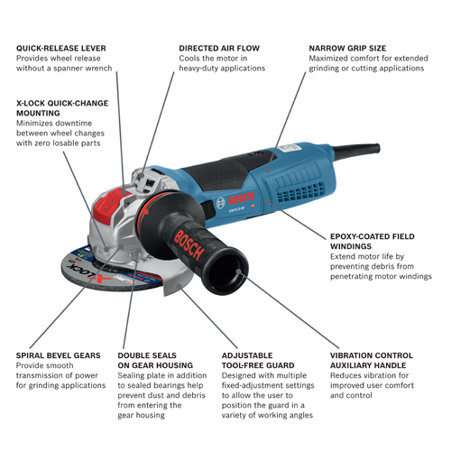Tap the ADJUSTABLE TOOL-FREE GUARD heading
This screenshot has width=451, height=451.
point(255,361)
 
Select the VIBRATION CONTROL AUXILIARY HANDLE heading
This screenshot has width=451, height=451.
point(371,361)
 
